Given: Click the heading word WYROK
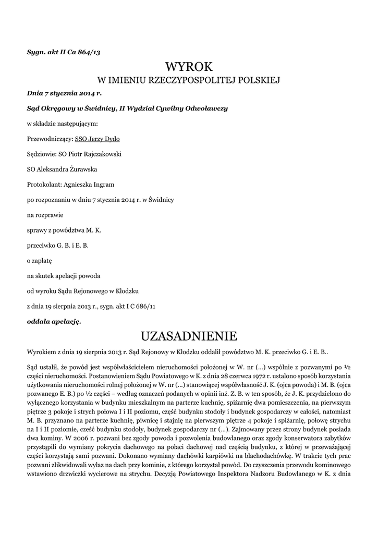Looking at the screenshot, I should point(189,66).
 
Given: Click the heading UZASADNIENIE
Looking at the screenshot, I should point(189,334).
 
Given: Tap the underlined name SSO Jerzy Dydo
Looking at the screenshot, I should point(97,139).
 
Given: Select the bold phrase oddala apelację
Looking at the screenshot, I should point(54,321).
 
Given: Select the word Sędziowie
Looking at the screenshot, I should point(41,154).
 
